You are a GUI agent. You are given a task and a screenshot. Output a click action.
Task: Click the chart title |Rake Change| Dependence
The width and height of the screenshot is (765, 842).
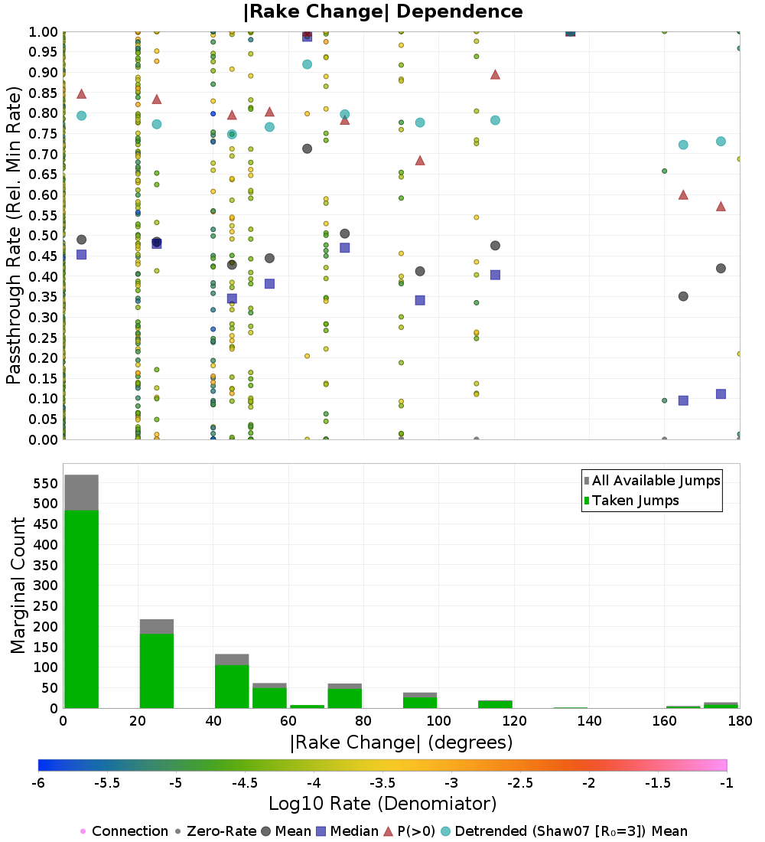(382, 11)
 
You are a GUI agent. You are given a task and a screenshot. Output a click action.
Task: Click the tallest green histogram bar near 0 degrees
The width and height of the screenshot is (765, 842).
(82, 609)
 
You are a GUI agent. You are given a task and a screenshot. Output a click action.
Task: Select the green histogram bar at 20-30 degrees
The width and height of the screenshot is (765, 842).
(157, 671)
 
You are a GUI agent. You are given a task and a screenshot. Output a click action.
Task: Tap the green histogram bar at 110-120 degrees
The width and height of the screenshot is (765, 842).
(495, 704)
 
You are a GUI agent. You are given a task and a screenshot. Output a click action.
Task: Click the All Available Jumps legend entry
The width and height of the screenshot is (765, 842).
(652, 481)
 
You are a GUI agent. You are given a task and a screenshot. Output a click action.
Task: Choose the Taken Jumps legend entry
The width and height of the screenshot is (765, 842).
(631, 501)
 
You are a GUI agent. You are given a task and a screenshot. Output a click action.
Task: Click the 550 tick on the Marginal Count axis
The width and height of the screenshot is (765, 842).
(45, 483)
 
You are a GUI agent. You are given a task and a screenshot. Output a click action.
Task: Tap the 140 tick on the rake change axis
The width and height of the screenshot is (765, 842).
(590, 720)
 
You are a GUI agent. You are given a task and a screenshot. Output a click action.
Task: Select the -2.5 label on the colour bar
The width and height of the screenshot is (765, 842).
(520, 783)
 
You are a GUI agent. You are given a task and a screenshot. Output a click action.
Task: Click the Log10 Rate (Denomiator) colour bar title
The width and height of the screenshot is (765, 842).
(382, 803)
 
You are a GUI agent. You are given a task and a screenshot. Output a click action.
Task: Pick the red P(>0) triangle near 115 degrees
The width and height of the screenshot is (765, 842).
(495, 74)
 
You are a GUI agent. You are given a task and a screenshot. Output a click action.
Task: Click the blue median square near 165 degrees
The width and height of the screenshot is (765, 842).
(683, 400)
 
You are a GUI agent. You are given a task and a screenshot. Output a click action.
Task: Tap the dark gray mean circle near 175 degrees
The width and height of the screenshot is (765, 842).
(721, 269)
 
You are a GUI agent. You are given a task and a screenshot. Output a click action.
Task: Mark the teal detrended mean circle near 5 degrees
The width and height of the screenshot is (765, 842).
(82, 116)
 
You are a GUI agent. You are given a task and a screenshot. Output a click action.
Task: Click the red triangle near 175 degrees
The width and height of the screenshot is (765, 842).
(721, 206)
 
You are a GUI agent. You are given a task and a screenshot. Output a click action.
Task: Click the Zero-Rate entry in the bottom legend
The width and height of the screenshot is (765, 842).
(216, 831)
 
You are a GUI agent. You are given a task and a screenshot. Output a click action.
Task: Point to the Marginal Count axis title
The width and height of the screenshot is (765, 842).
(18, 586)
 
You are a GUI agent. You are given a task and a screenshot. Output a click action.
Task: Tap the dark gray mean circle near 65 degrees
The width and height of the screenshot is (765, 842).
(307, 148)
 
